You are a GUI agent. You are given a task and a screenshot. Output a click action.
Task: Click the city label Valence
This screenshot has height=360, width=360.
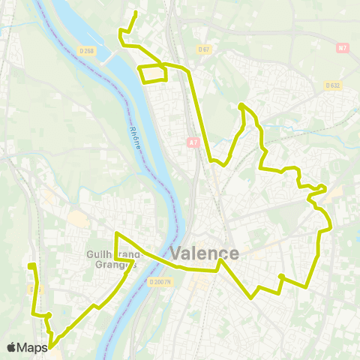click(x=205, y=253)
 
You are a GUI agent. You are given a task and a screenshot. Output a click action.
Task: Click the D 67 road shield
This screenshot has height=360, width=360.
click(x=202, y=49)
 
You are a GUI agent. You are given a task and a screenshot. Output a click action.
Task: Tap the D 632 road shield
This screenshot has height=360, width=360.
click(x=333, y=85)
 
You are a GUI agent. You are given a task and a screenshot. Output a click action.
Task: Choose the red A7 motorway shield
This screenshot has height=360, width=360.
click(x=192, y=142)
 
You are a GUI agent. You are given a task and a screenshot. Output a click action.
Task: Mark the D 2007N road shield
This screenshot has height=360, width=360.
click(x=160, y=282)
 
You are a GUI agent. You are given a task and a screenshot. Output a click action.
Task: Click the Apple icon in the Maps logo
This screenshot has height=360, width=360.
click(x=11, y=347)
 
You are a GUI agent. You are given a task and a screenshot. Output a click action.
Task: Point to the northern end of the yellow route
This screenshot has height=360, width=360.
click(x=135, y=13)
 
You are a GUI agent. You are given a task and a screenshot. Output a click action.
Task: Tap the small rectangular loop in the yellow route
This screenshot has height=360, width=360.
click(x=154, y=73)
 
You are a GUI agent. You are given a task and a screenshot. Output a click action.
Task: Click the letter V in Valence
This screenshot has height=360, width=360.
click(x=177, y=254)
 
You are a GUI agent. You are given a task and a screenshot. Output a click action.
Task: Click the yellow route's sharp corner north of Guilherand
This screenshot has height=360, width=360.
click(x=116, y=233)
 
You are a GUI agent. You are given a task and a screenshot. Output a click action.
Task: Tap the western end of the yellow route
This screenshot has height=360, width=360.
click(x=29, y=266)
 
